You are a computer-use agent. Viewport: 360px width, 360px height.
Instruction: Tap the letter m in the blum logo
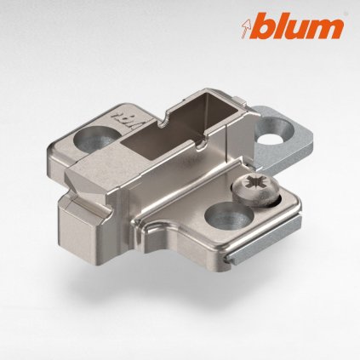[x=327, y=29]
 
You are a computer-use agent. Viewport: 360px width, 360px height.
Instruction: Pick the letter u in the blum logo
[x=301, y=30]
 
